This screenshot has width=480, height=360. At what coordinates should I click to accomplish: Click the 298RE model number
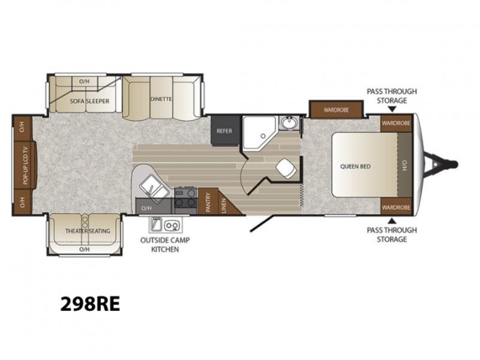pyautogui.click(x=90, y=304)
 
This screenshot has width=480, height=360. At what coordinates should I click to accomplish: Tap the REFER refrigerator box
pyautogui.click(x=224, y=131)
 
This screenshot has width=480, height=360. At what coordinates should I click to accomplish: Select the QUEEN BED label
pyautogui.click(x=355, y=167)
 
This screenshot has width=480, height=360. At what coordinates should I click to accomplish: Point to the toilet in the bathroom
pyautogui.click(x=287, y=169)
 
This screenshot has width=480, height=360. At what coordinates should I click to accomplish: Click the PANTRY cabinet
pyautogui.click(x=208, y=202)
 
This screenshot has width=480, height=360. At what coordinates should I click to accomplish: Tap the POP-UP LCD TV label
pyautogui.click(x=25, y=166)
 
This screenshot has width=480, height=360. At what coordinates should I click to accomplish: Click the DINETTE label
pyautogui.click(x=161, y=99)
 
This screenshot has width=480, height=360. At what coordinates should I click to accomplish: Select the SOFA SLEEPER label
pyautogui.click(x=89, y=101)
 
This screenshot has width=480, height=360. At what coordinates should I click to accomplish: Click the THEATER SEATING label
pyautogui.click(x=88, y=231)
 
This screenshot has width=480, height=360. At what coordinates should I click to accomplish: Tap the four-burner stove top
pyautogui.click(x=185, y=198)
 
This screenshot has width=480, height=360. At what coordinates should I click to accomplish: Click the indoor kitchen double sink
pyautogui.click(x=154, y=190)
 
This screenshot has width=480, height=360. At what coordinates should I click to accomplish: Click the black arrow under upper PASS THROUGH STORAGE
pyautogui.click(x=392, y=109)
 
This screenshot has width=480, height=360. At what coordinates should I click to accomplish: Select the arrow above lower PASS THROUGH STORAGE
pyautogui.click(x=392, y=221)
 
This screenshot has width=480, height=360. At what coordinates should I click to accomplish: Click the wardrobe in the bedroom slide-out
pyautogui.click(x=337, y=110)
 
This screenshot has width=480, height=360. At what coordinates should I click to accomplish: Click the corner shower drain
pyautogui.click(x=263, y=136)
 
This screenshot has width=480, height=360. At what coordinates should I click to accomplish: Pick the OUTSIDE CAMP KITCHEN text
pyautogui.click(x=165, y=245)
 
